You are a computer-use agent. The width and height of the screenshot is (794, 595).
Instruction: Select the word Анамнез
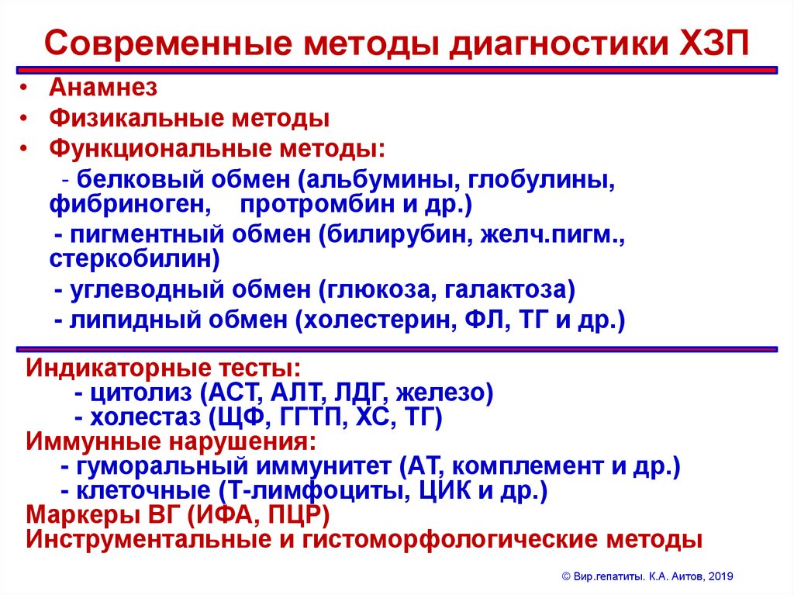(103, 88)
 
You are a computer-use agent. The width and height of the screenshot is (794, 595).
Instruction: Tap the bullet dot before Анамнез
(26, 88)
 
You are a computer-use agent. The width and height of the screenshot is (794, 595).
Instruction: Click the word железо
(446, 393)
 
